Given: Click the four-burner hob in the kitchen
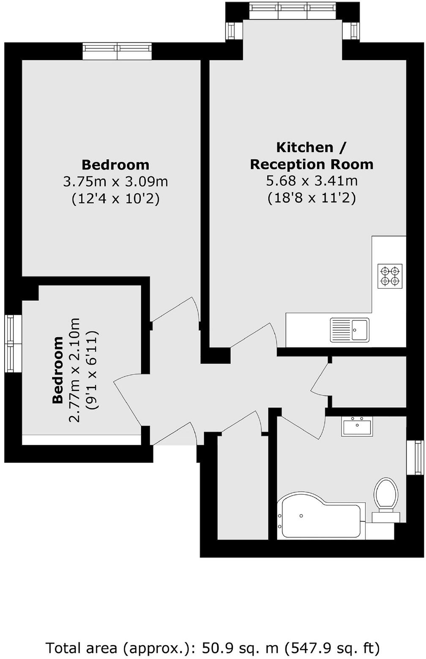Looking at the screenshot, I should pyautogui.click(x=390, y=276).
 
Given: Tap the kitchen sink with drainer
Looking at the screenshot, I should pyautogui.click(x=350, y=329).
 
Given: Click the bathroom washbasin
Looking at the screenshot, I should pyautogui.click(x=357, y=426).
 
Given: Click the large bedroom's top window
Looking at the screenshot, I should pyautogui.click(x=117, y=51).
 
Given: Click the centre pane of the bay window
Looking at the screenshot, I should pyautogui.click(x=292, y=10).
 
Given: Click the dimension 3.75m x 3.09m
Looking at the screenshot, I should pyautogui.click(x=115, y=182).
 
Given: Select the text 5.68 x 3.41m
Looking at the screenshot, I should pyautogui.click(x=311, y=181).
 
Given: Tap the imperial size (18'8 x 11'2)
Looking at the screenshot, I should pyautogui.click(x=311, y=198).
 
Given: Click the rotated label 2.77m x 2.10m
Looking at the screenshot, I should pyautogui.click(x=74, y=370).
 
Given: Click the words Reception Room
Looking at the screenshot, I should pyautogui.click(x=311, y=164).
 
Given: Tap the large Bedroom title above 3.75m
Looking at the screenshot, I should pyautogui.click(x=115, y=164).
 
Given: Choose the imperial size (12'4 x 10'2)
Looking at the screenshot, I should pyautogui.click(x=115, y=199).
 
